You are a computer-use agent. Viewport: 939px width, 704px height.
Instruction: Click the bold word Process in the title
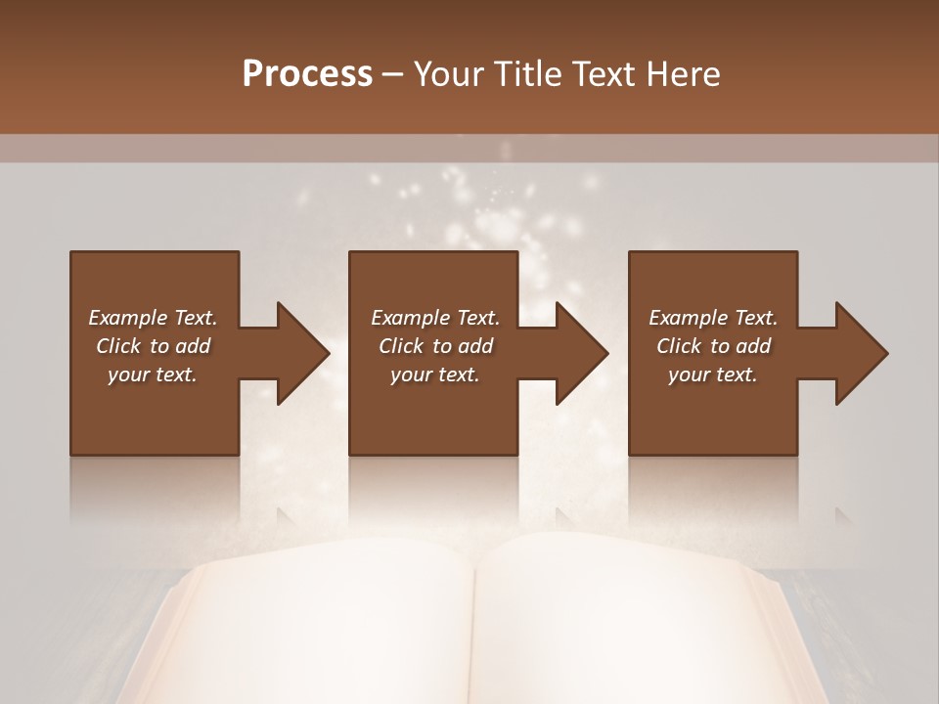pos(307,73)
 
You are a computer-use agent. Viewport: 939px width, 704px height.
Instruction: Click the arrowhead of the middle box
pos(581,353)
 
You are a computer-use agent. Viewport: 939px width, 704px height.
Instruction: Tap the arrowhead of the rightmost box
pos(861,353)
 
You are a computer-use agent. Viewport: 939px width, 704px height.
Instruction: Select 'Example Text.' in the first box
pos(153,318)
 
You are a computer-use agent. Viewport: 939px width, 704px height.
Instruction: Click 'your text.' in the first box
pos(153,374)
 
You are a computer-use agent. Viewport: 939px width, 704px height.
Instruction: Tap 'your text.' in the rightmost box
pos(713,374)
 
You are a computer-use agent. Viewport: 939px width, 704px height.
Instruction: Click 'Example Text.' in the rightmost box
pos(713,318)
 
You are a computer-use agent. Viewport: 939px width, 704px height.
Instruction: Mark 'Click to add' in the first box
pos(153,346)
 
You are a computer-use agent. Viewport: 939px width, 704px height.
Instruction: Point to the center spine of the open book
pos(476,626)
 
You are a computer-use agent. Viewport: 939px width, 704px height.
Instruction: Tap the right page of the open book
pos(626,626)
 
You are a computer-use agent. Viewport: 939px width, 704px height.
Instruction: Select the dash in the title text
pos(393,75)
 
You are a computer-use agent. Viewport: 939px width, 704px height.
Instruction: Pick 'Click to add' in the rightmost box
pos(713,346)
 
